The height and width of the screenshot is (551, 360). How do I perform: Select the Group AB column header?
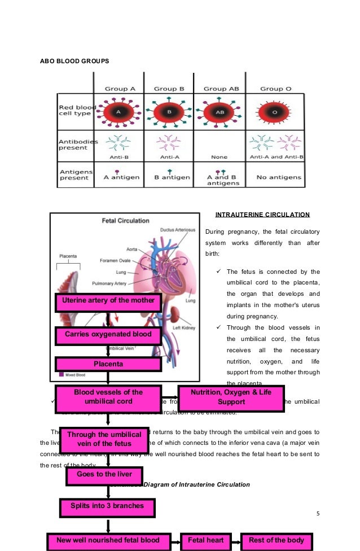click(222, 89)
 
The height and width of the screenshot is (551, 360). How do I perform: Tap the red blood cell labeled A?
click(118, 112)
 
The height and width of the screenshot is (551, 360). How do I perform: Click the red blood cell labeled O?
click(275, 112)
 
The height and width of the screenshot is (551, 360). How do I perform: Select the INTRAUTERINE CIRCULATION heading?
click(262, 215)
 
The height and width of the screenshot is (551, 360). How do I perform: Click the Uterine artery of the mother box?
click(108, 301)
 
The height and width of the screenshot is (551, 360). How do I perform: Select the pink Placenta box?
click(108, 364)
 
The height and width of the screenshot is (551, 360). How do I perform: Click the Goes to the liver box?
click(103, 474)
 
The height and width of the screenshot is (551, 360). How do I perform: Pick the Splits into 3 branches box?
click(107, 505)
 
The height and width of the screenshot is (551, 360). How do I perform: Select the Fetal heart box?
click(206, 540)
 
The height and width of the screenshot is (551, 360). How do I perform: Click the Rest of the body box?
click(276, 540)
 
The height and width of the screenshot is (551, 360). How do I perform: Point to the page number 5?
click(318, 513)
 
